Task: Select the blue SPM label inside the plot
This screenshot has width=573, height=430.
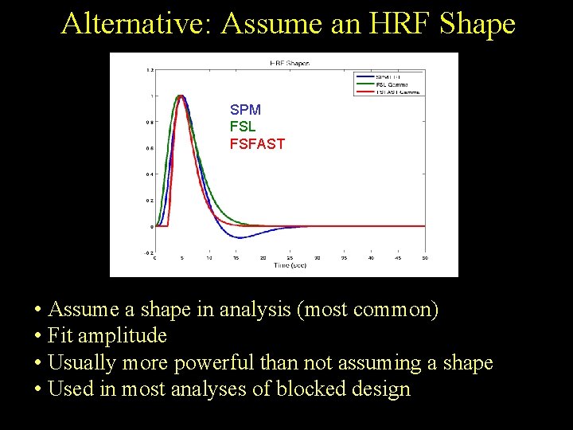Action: [245, 110]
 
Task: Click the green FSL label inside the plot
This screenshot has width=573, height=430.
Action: [243, 127]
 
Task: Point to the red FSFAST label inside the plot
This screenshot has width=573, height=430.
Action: [257, 144]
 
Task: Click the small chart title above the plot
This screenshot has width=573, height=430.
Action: [290, 62]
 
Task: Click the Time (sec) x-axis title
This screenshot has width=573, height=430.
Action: [290, 264]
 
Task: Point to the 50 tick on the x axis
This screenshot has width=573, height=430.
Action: [425, 257]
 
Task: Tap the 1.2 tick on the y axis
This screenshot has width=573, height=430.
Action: [150, 70]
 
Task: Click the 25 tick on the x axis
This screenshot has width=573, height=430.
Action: [290, 257]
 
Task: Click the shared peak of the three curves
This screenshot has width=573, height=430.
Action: [181, 96]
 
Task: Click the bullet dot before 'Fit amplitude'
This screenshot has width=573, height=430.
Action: [38, 336]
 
